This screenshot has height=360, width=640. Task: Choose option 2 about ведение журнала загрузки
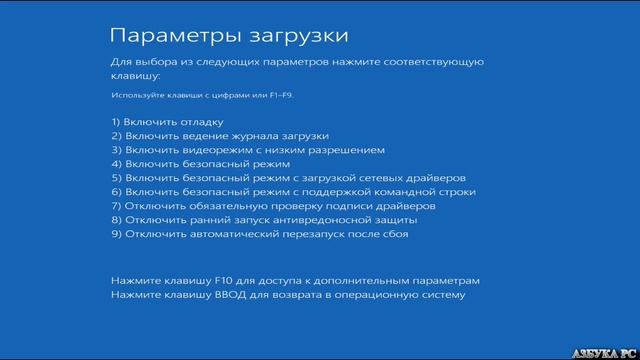220,136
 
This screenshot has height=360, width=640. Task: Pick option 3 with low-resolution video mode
247,150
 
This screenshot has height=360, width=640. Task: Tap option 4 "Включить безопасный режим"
200,164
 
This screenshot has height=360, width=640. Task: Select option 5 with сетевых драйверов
288,178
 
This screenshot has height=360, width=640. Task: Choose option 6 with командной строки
293,192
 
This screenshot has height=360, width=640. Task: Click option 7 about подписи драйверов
272,206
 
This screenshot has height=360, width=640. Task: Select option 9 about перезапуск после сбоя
259,234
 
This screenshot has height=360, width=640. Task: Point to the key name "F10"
217,281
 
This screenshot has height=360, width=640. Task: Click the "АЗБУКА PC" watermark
606,352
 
